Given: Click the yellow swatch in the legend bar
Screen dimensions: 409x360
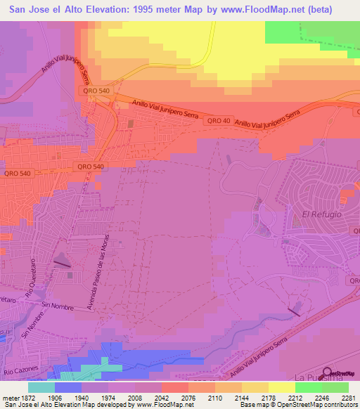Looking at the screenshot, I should pos(281,387).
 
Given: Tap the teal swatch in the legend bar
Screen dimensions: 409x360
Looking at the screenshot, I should pos(41,387).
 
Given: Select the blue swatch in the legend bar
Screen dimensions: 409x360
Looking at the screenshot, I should pos(67,387).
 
